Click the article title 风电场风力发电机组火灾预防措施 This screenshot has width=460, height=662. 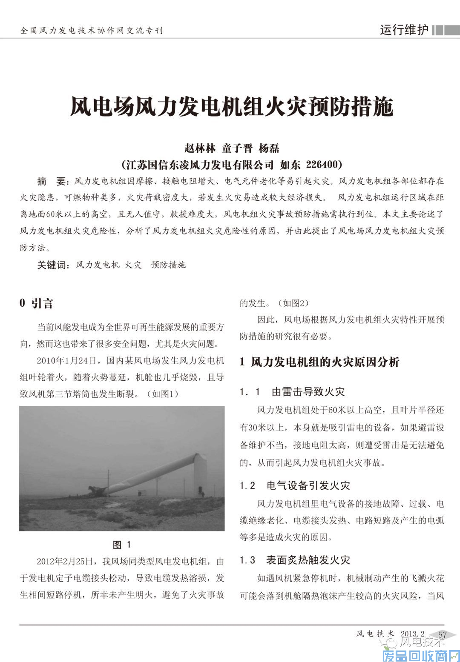tap(231, 106)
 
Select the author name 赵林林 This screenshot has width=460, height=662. tap(200, 148)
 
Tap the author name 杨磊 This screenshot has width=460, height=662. tap(269, 148)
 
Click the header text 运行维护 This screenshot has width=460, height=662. tap(404, 30)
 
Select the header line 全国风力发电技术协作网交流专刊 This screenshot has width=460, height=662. tap(92, 31)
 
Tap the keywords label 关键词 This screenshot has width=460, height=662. tap(52, 265)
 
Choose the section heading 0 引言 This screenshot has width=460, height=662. tap(37, 303)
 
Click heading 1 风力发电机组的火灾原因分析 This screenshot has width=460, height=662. tap(319, 362)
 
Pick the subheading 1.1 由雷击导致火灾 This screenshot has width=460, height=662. tap(292, 391)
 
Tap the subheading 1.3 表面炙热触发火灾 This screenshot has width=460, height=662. tap(295, 560)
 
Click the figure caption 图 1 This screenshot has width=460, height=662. tap(122, 545)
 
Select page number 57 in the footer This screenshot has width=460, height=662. tap(443, 634)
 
